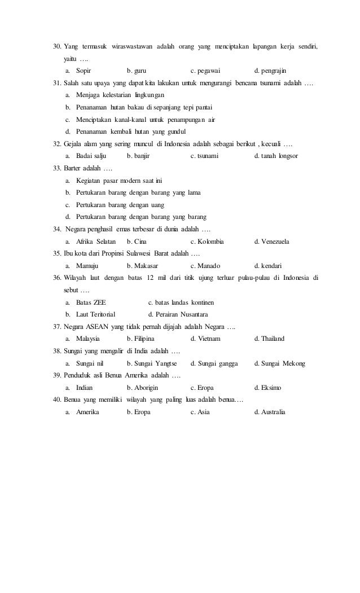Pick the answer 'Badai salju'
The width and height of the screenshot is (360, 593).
coord(91,155)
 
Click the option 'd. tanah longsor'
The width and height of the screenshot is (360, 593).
coord(276,155)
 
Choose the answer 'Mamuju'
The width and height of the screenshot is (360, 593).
coord(87,266)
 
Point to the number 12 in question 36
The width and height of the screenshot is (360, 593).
coord(151,278)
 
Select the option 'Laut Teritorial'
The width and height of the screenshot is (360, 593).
coord(96,314)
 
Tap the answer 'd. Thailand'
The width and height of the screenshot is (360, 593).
coord(270,339)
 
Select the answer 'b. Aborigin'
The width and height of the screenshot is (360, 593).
coord(143,388)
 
